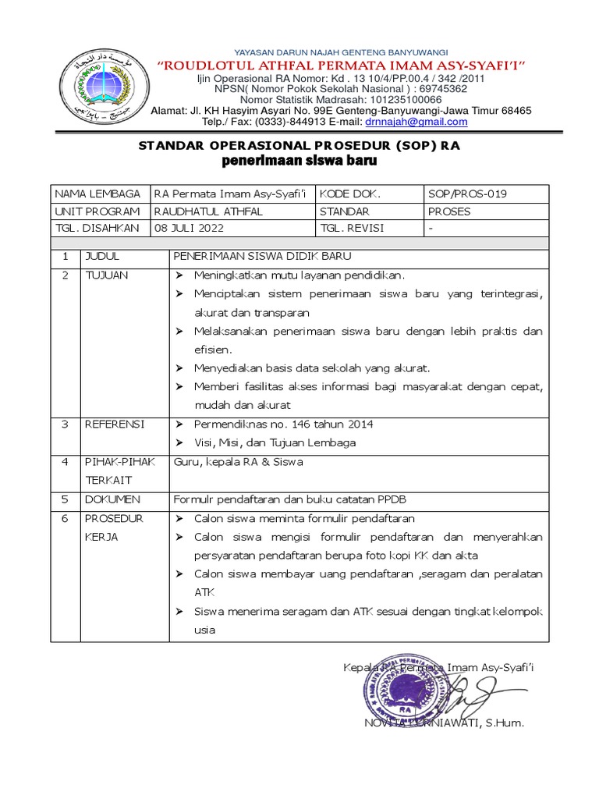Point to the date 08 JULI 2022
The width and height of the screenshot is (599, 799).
point(189,228)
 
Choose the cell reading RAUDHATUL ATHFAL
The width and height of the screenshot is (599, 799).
point(208,211)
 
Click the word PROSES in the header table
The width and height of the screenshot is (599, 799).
point(449,211)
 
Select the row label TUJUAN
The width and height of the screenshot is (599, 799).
point(106,275)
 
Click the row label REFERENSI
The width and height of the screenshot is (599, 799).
point(114,424)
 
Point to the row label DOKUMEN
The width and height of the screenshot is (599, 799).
point(112,499)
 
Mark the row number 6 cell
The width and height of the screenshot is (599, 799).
point(66,518)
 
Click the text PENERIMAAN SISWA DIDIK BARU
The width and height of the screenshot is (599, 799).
point(262,256)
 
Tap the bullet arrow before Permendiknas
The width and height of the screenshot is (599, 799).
point(179,424)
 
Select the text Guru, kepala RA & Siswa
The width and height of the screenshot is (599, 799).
point(238,461)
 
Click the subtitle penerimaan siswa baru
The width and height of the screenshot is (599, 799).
point(299,162)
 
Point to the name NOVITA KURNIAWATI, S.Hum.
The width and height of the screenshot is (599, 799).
point(444,723)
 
